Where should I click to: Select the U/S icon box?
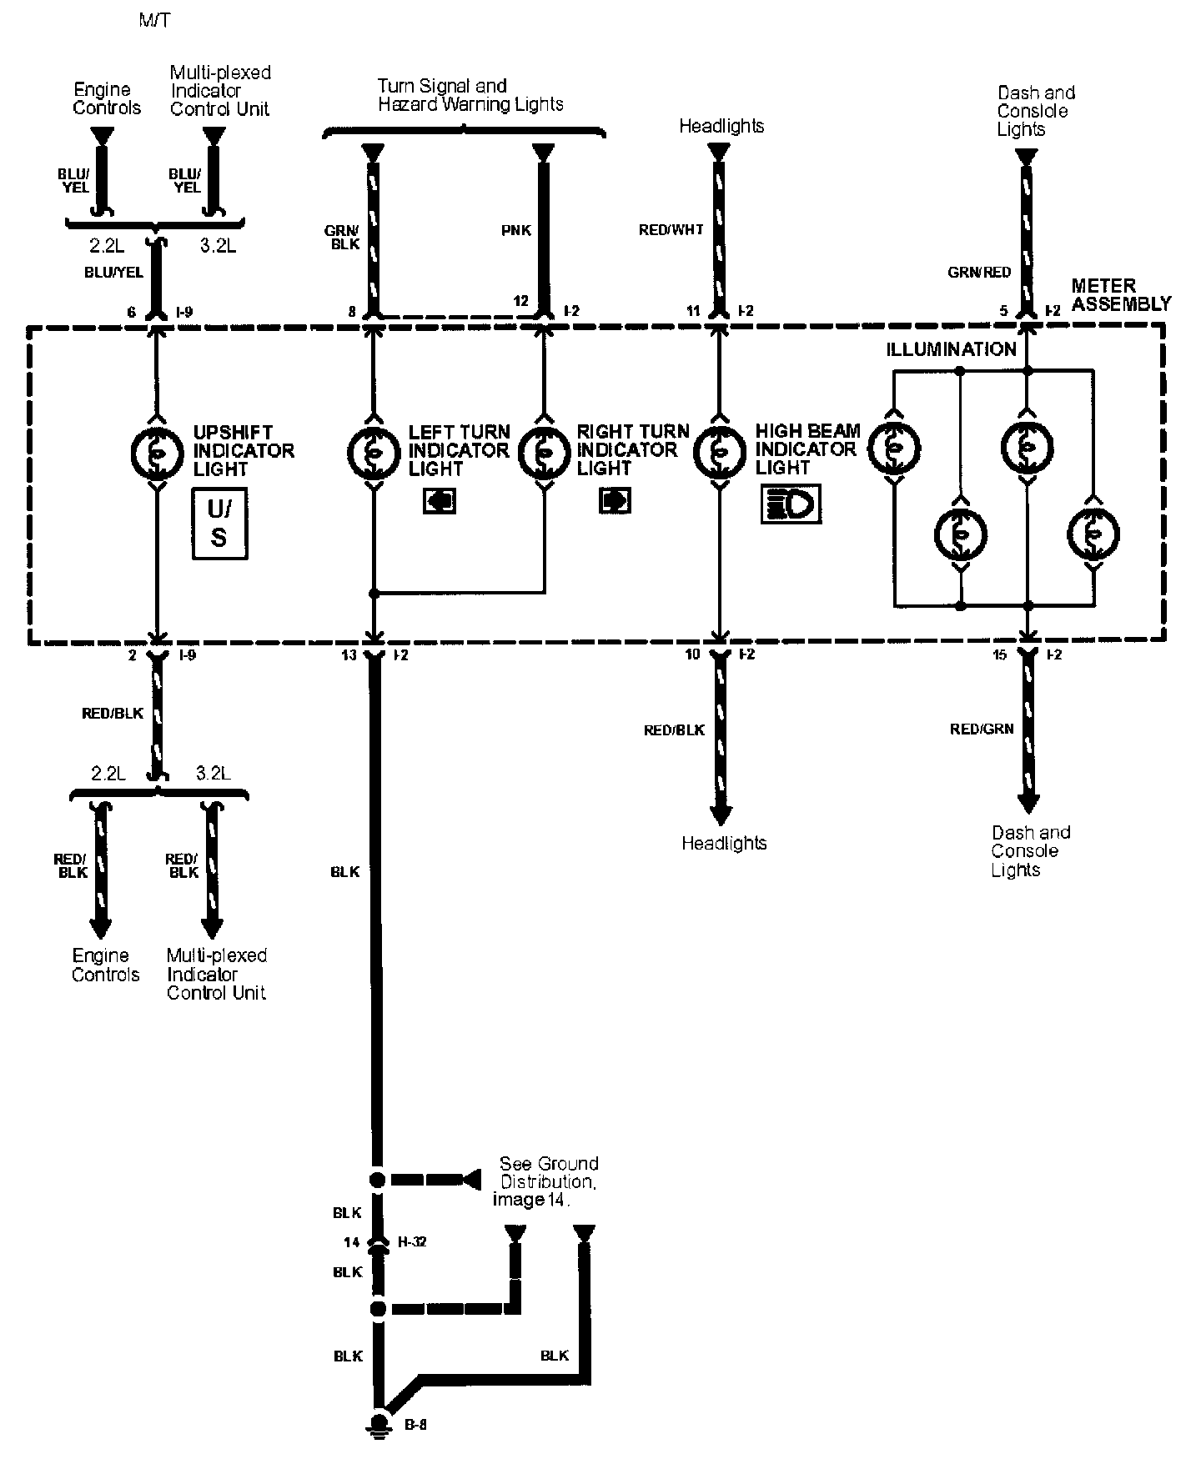220,524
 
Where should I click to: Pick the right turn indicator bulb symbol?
544,451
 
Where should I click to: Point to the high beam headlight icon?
791,505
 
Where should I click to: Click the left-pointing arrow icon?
440,501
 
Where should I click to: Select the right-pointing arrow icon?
615,501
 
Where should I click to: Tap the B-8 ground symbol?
380,1425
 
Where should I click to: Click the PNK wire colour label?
516,230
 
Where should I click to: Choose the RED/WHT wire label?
671,229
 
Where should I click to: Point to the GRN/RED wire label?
979,272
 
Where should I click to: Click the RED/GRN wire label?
982,729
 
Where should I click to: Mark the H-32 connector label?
412,1242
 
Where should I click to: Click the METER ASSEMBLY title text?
1121,295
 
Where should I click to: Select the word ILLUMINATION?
951,350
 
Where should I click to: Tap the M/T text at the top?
154,20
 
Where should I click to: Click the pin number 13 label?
349,655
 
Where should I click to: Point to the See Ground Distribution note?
545,1181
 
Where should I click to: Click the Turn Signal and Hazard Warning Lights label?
470,95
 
